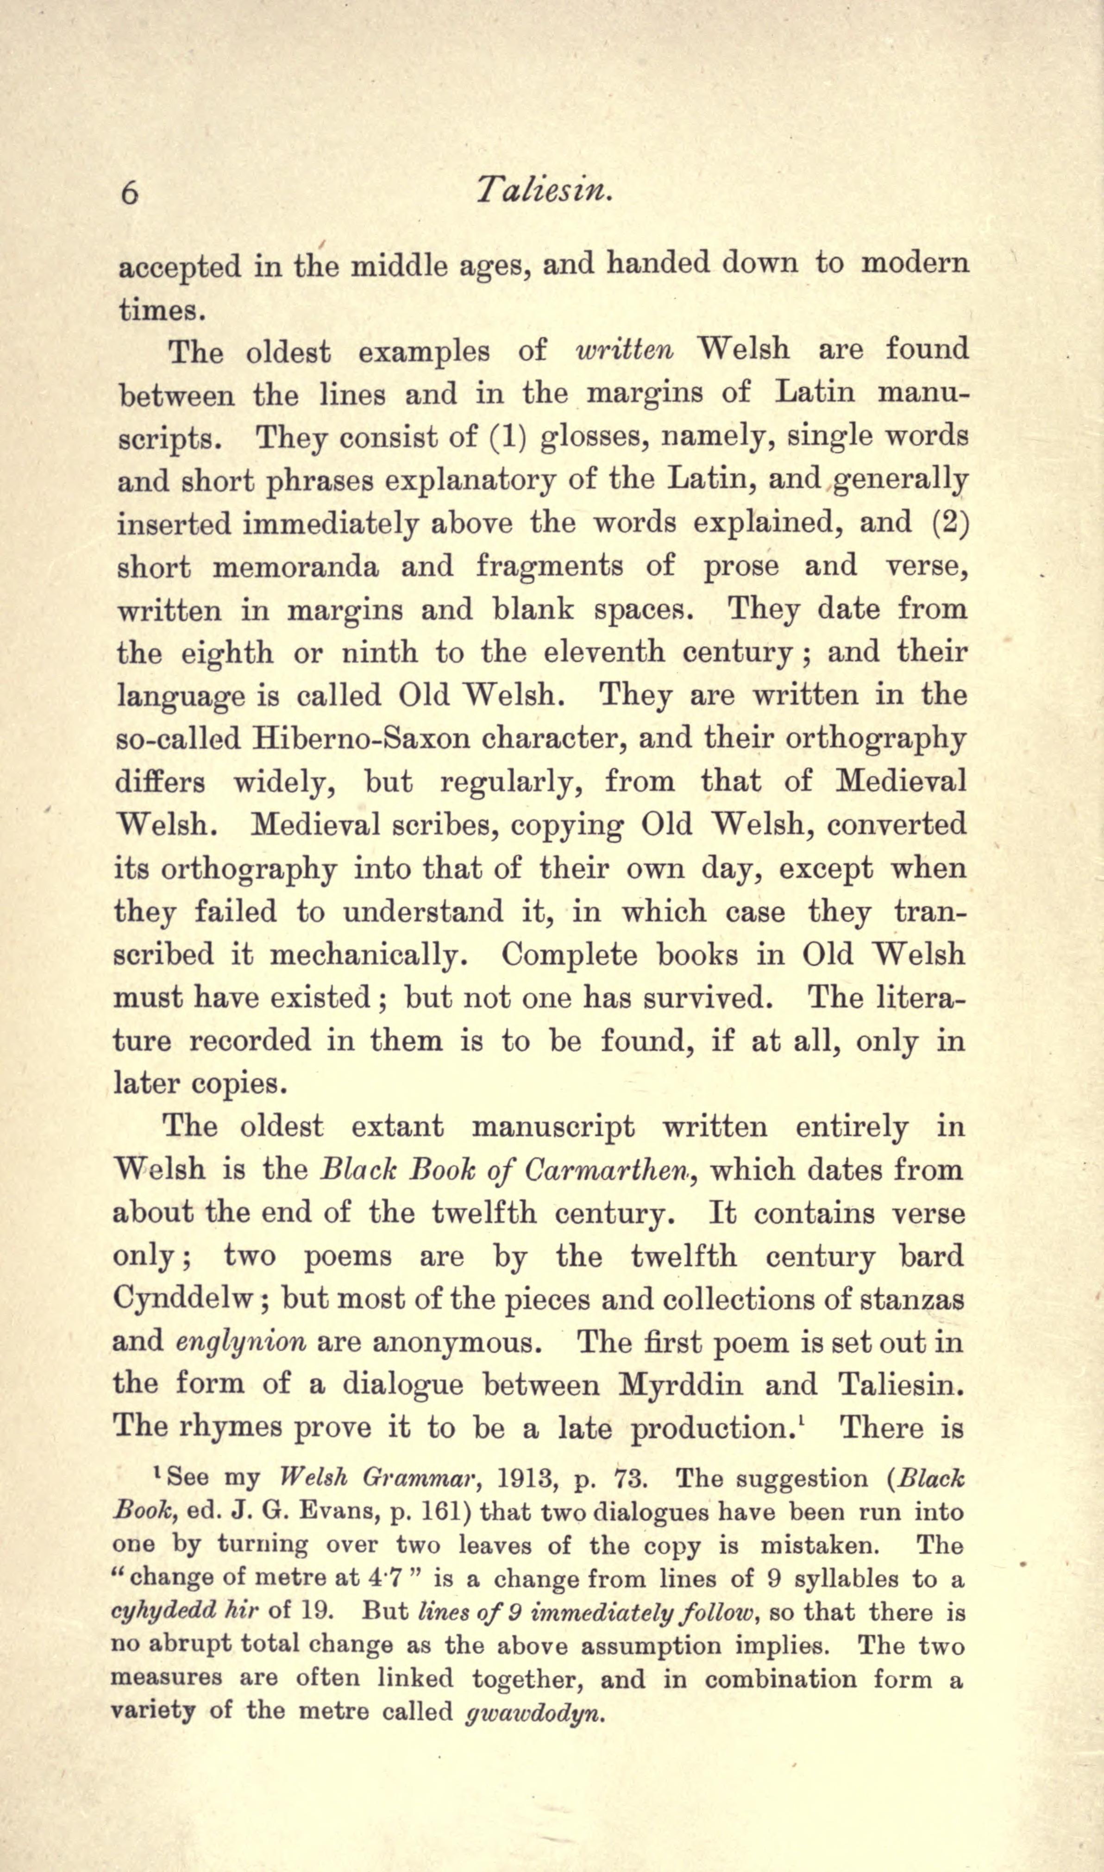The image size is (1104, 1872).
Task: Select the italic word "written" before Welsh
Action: pyautogui.click(x=625, y=350)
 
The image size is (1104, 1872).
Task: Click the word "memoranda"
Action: pyautogui.click(x=295, y=566)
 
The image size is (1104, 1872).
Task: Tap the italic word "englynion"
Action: pyautogui.click(x=241, y=1342)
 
